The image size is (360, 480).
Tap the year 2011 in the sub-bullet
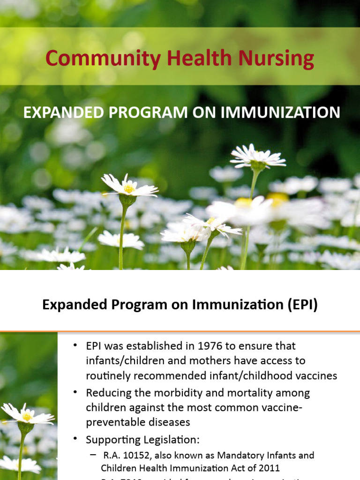click(x=269, y=468)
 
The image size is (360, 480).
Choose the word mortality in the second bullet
click(x=251, y=392)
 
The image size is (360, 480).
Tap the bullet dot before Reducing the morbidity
click(x=75, y=392)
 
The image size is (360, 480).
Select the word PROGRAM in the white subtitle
click(x=135, y=113)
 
